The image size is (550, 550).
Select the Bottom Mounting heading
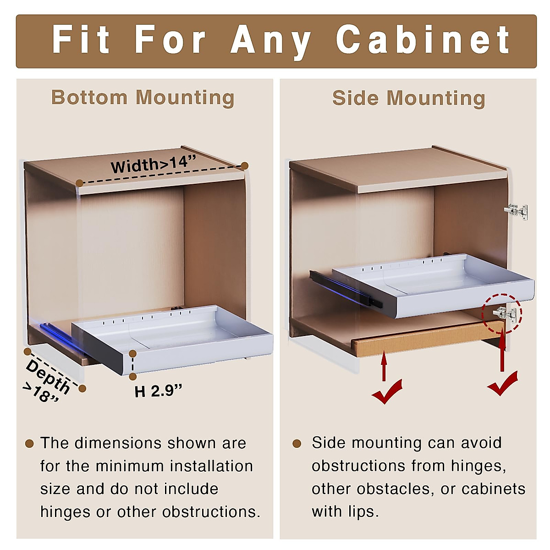143,98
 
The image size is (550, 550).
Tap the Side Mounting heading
408,98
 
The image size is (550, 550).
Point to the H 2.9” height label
158,391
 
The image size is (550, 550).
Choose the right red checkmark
502,384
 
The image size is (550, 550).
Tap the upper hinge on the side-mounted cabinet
516,211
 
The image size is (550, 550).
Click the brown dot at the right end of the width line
245,165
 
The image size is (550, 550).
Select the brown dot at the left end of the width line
79,183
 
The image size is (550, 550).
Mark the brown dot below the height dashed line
133,376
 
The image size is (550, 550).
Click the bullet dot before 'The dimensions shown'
29,443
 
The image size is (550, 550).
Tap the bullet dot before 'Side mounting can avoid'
297,443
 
